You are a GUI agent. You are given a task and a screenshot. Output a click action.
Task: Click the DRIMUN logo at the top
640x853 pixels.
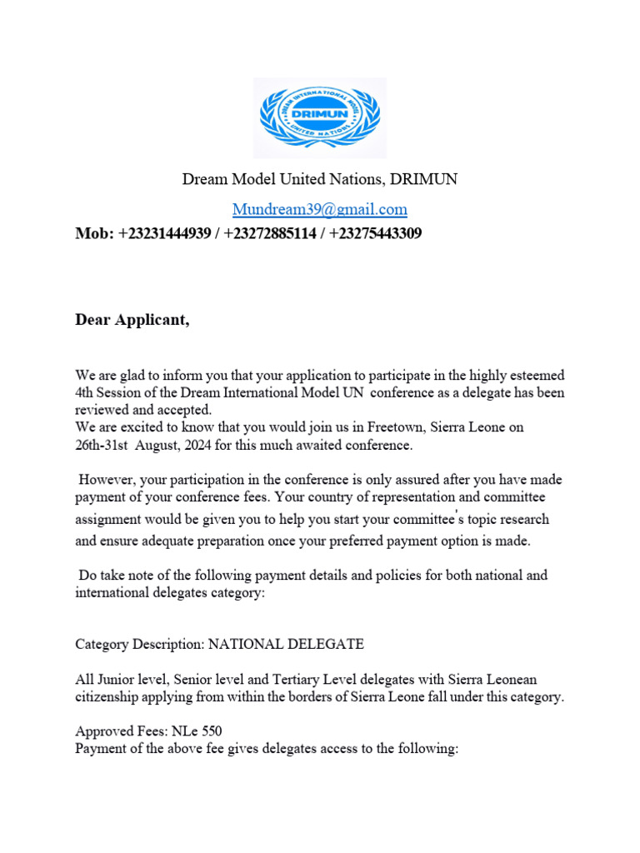(x=319, y=118)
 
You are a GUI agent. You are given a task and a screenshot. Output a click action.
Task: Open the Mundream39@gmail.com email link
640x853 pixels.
(x=319, y=209)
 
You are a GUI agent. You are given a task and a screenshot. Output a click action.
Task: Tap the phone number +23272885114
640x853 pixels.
(x=269, y=234)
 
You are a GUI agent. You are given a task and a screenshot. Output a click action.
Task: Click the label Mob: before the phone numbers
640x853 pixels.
(x=94, y=234)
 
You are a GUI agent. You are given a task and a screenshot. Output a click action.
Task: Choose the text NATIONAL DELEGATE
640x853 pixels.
(x=286, y=644)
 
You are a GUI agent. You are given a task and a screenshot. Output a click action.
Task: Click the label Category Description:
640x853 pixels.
(x=139, y=644)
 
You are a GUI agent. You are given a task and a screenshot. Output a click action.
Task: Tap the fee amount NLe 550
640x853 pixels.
(x=197, y=732)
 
